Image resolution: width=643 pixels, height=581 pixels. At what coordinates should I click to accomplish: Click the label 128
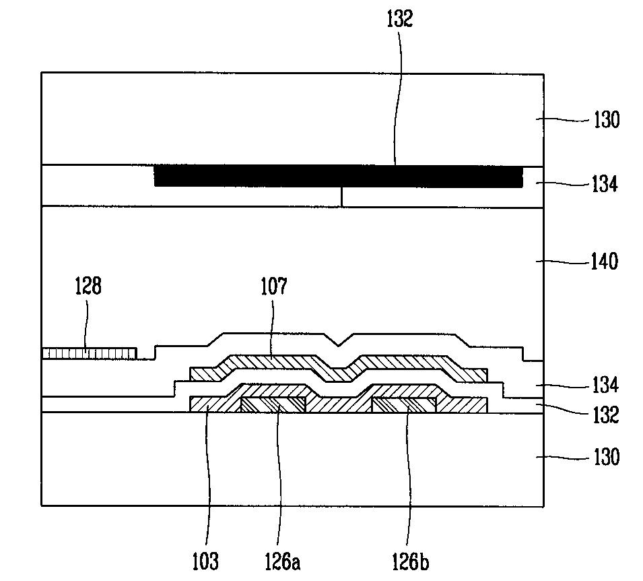88,286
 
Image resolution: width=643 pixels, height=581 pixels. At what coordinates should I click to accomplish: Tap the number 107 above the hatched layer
274,286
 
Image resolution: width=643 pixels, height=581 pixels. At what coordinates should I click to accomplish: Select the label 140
604,262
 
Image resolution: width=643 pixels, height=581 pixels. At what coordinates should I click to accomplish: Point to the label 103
205,561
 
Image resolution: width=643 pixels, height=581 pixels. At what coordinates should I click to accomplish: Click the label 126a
282,561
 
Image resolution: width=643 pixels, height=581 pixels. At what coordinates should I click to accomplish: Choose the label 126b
411,561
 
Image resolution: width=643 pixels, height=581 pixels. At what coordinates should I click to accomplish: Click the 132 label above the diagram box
399,18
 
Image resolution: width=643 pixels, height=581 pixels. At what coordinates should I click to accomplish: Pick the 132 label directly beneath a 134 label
605,415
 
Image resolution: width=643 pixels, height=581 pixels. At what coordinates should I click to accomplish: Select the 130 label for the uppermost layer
607,120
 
